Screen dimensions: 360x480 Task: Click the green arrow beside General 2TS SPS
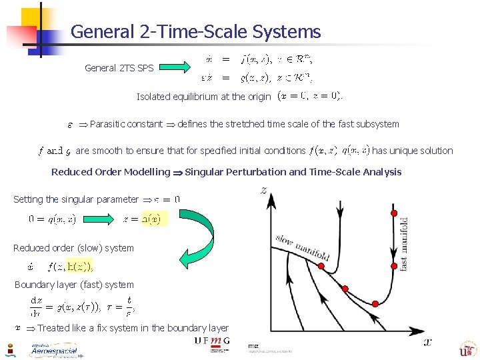click(x=175, y=67)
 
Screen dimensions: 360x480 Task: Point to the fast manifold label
click(x=403, y=243)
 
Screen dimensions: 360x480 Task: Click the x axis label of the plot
click(x=427, y=341)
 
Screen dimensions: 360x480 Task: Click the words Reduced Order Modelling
click(x=111, y=172)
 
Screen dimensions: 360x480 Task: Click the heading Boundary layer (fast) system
click(x=74, y=285)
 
